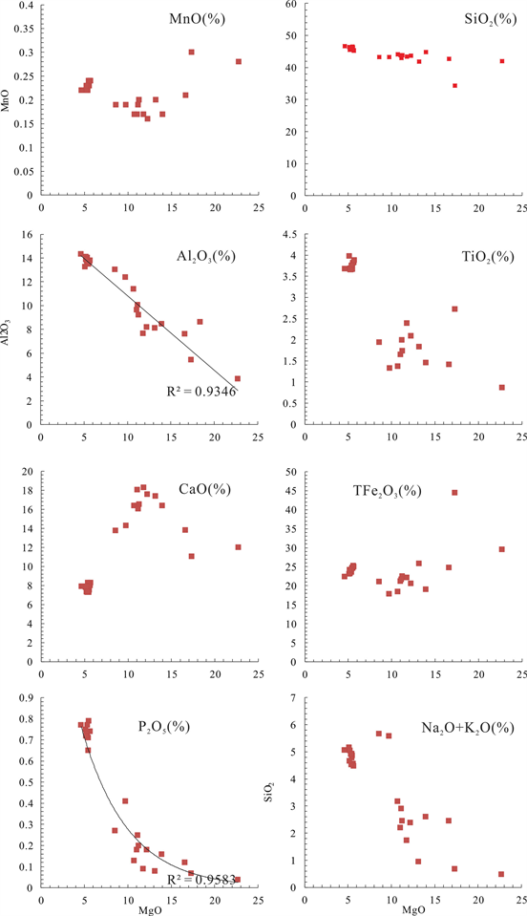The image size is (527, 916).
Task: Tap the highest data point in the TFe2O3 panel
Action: coord(454,493)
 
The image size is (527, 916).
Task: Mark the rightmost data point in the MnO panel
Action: coord(239,61)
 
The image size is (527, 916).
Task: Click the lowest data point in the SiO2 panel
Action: coord(454,85)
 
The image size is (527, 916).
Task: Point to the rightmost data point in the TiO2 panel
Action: coord(502,388)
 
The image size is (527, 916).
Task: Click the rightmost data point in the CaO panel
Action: coord(239,547)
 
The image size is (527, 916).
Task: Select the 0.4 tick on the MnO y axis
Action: coord(24,6)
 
